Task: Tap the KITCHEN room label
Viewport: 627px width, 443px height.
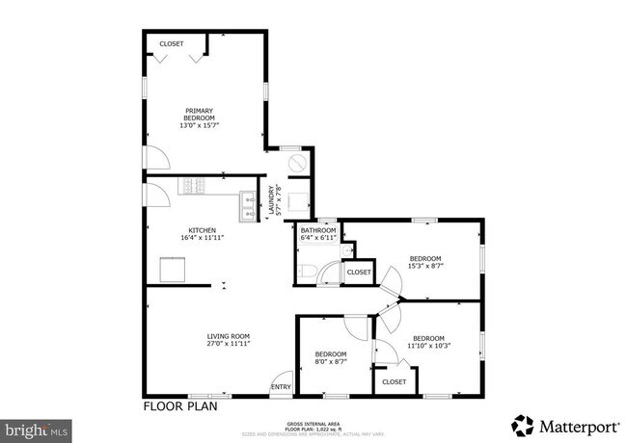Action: coord(202,230)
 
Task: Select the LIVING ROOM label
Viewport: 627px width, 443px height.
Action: coord(229,336)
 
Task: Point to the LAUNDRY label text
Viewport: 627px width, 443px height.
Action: coord(271,196)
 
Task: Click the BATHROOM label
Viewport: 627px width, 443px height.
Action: coord(318,231)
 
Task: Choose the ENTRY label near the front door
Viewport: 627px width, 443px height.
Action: coord(281,387)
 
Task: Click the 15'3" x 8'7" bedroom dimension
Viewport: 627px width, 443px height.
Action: coord(425,266)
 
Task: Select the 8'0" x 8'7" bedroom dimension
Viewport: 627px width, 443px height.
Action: coord(330,362)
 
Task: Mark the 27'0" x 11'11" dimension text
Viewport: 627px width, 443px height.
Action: coord(229,344)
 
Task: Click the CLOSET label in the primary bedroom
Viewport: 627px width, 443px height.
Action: coord(172,44)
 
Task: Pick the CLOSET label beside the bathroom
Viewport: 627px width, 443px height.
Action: coord(359,273)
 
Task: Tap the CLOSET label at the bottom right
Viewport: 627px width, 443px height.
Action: coord(395,382)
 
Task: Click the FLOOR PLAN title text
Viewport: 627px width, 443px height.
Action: coord(180,405)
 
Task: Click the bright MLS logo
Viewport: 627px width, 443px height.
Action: coord(36,425)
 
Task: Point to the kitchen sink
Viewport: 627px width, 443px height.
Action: coord(247,208)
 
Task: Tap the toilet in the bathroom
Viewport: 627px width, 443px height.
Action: coord(307,270)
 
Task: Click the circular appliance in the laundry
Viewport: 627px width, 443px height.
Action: coord(296,165)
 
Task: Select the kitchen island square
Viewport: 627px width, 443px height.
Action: coord(173,270)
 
